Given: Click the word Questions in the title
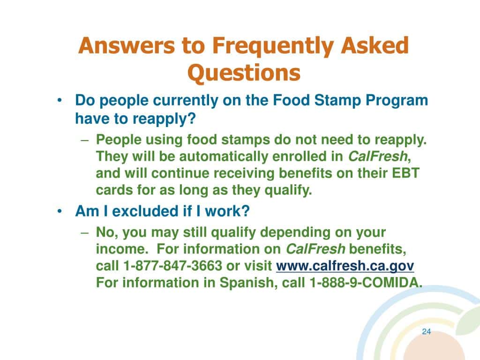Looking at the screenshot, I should [243, 73].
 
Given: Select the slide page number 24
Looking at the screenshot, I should [426, 332].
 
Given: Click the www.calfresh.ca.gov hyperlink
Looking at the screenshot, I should [345, 266].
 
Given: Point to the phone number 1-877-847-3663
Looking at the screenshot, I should [172, 266].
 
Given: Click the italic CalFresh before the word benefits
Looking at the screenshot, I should [315, 248].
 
